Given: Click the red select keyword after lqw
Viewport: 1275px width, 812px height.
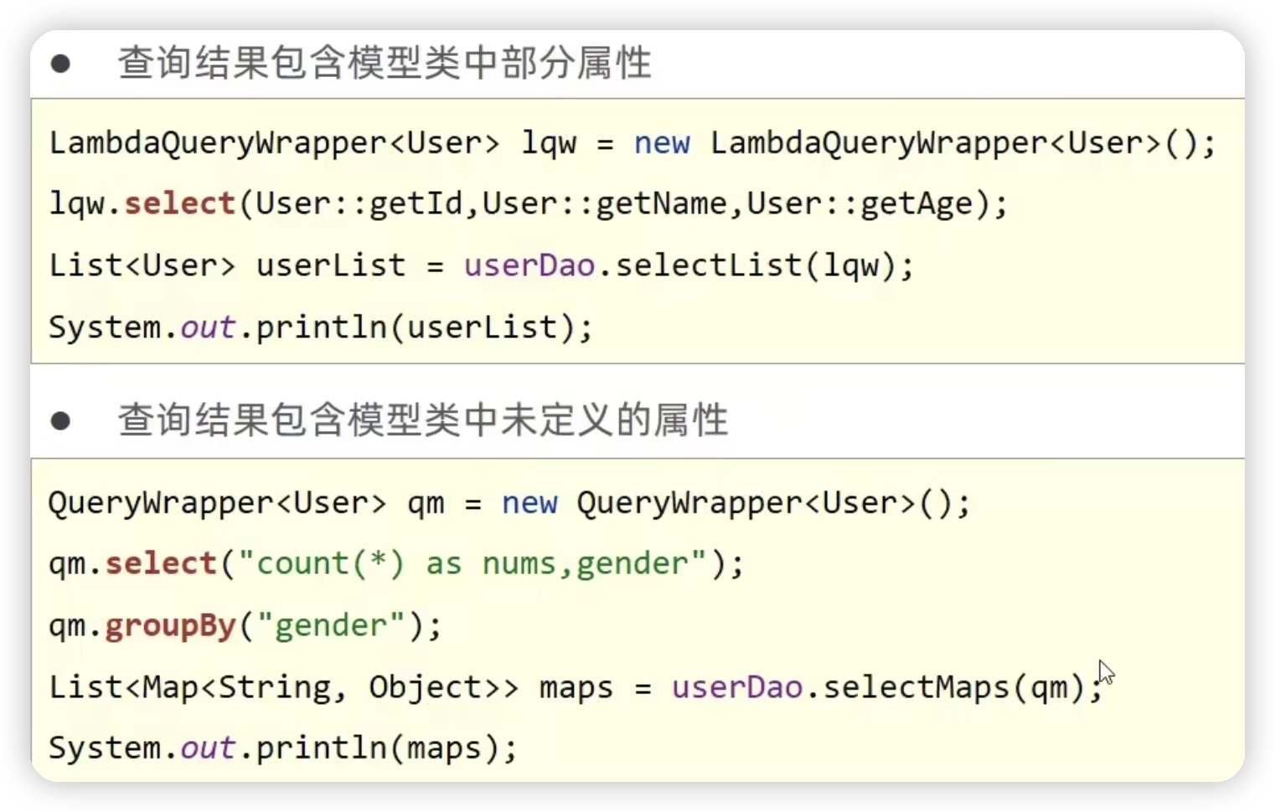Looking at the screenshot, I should (179, 203).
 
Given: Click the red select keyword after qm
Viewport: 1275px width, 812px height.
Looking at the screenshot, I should (161, 563).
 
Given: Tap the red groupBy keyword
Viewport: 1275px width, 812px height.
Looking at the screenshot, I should (170, 626).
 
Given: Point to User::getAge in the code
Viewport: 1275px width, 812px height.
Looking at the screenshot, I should (859, 203).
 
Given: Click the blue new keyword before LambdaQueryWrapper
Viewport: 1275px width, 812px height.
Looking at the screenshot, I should (662, 143).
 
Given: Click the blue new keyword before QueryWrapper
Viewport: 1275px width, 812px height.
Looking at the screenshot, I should (529, 503).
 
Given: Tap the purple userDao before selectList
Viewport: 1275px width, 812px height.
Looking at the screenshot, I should (529, 265).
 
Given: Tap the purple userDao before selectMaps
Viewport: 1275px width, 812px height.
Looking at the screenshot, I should (737, 687).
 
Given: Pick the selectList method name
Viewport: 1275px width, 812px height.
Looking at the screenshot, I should (709, 265).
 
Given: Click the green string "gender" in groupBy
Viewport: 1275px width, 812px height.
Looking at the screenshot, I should (332, 626).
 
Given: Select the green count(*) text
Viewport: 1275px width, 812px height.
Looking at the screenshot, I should (330, 563).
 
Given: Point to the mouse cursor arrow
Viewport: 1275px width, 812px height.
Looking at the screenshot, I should (1105, 671).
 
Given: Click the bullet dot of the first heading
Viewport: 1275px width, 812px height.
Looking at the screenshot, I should (60, 64).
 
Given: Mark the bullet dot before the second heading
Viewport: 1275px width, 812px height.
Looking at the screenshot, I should (60, 420).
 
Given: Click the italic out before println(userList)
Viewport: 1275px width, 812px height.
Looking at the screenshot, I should (207, 327).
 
